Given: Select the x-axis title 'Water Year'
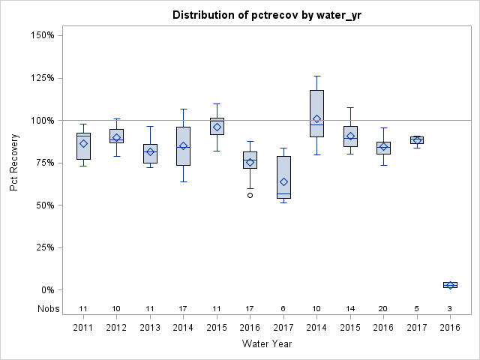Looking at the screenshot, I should pos(267,343).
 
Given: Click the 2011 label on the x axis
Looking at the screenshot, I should pos(84,327).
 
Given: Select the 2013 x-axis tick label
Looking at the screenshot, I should pos(150,327).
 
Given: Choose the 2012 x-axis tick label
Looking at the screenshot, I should pos(117,327).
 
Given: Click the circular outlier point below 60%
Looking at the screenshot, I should pos(250,195).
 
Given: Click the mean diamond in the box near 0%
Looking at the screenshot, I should pos(450,285).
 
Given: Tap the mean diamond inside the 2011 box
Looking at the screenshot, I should pos(84,143).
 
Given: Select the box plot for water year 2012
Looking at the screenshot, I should pos(117,136).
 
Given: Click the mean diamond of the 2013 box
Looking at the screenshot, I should pos(150,152).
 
